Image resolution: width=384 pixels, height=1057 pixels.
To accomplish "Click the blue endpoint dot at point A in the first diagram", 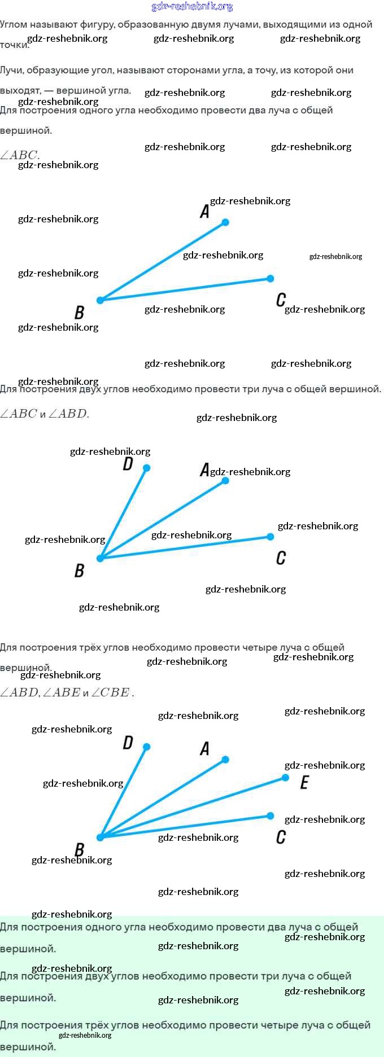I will pos(225,222).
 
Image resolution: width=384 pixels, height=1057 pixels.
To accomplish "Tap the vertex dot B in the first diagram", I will pos(101,300).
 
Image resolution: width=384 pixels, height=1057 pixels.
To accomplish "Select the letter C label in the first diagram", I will pos(281,300).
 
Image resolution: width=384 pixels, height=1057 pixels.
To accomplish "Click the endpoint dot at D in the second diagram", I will pos(147,468).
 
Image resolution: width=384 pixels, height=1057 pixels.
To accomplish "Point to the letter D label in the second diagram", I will pos(128,464).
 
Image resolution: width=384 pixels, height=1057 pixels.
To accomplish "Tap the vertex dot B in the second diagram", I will pos(101,558).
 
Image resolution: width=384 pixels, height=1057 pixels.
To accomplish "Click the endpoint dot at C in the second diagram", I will pos(270,537).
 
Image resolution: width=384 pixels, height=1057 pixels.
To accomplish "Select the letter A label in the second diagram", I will pos(204,470).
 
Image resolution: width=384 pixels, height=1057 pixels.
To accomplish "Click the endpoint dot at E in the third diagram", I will pos(286,778).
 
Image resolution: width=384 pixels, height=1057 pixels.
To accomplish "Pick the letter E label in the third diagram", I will pos(304,782).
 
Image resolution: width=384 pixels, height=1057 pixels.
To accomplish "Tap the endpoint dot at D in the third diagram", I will pos(147,747).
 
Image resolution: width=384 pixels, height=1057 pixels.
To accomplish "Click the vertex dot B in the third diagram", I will pos(101,837).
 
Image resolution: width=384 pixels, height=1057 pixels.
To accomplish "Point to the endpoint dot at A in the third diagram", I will pos(225,760).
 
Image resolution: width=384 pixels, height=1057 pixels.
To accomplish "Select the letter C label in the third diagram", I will pos(281,837).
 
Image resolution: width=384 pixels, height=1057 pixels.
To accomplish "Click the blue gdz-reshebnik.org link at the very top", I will pos(192,6).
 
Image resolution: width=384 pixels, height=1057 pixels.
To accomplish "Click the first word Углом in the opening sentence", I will pos(14,24).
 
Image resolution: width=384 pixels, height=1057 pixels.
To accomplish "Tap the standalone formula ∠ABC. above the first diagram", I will pos(20,155).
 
